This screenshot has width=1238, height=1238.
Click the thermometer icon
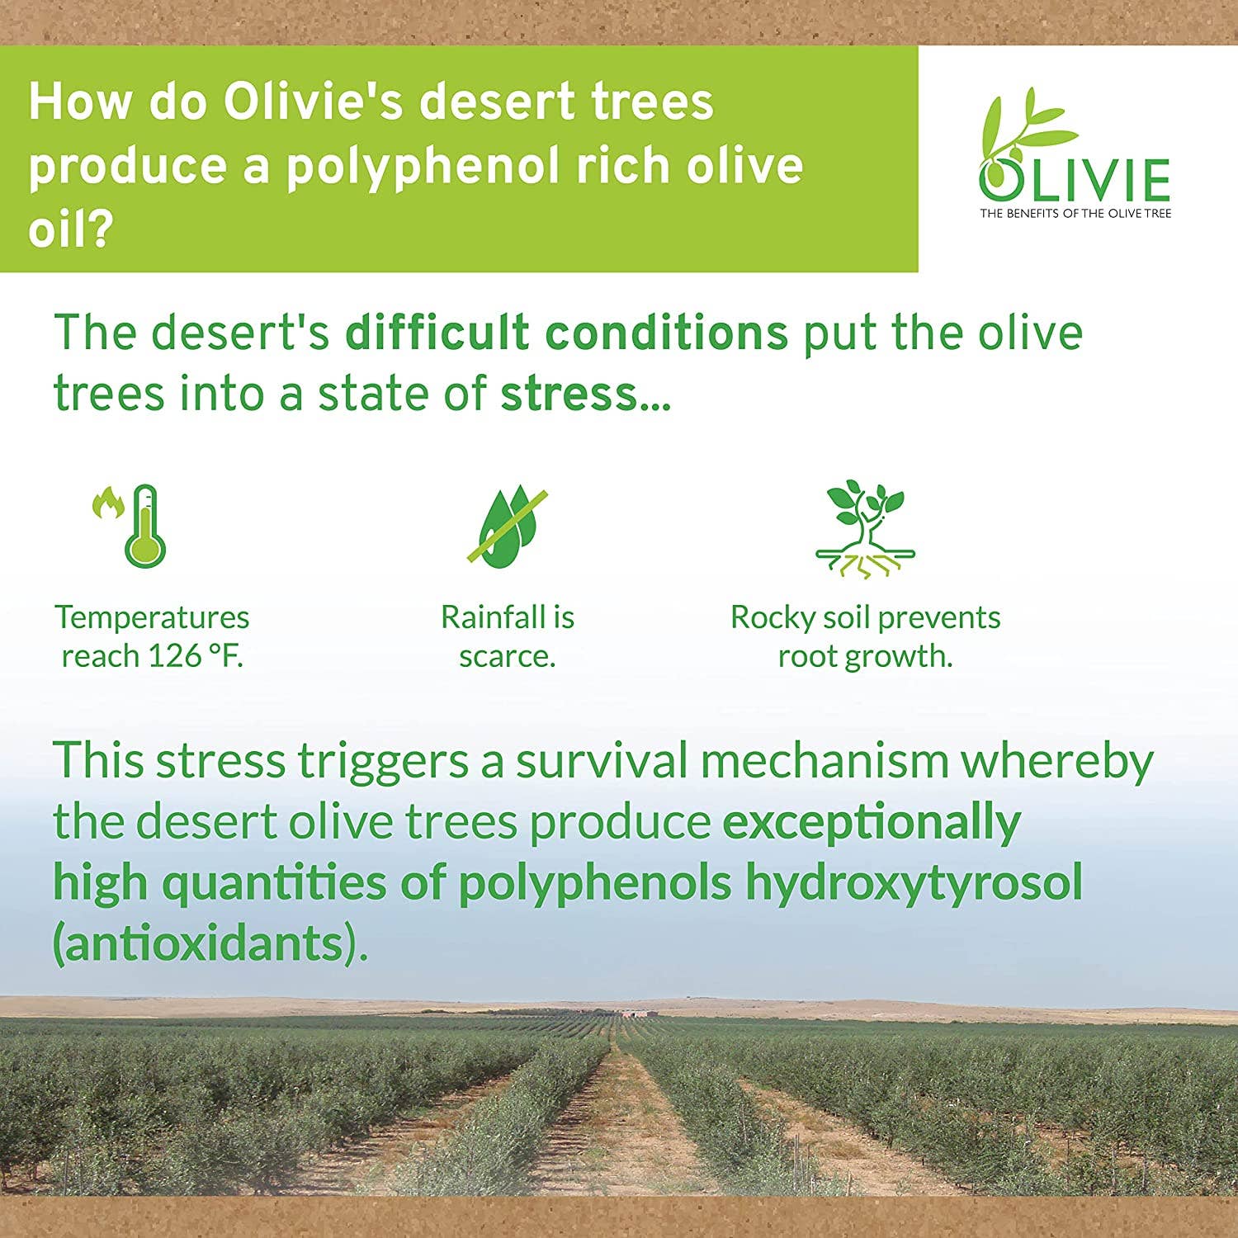pyautogui.click(x=146, y=527)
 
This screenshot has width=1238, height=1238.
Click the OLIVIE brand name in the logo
pyautogui.click(x=1075, y=179)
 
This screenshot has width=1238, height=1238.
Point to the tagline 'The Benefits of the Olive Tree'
pyautogui.click(x=1075, y=214)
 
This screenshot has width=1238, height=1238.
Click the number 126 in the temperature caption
pyautogui.click(x=174, y=657)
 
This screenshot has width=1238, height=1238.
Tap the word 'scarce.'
pyautogui.click(x=507, y=657)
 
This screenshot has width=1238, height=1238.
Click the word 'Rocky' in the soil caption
pyautogui.click(x=772, y=618)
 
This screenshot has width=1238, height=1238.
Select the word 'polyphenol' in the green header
pyautogui.click(x=423, y=166)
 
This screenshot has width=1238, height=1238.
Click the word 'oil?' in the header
pyautogui.click(x=69, y=229)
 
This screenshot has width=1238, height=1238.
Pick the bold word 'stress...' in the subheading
pyautogui.click(x=586, y=394)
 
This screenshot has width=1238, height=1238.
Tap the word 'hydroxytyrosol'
pyautogui.click(x=914, y=883)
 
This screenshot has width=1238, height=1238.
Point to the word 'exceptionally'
pyautogui.click(x=872, y=822)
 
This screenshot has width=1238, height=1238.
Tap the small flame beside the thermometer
pyautogui.click(x=106, y=503)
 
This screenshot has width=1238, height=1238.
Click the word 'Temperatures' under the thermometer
pyautogui.click(x=152, y=618)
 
